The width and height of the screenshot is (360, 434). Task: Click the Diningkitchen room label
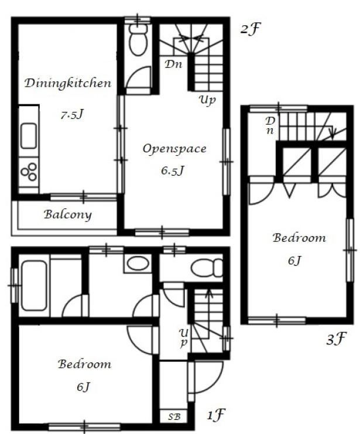[68, 83]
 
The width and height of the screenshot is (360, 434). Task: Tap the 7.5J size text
[72, 114]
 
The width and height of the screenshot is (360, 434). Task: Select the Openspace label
[174, 149]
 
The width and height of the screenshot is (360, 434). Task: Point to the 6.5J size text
[173, 170]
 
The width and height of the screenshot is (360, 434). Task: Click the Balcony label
[68, 215]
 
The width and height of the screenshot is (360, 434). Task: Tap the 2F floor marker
[251, 28]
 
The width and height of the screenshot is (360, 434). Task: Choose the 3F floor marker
[336, 339]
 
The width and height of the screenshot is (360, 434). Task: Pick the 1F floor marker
[216, 415]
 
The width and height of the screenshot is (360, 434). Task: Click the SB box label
[174, 417]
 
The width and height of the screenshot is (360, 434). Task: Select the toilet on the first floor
[207, 268]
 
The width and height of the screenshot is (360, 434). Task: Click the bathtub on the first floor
[34, 286]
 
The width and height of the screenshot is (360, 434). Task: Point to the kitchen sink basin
[29, 136]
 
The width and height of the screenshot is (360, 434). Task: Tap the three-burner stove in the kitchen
[29, 172]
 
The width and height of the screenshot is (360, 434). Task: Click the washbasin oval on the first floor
[138, 264]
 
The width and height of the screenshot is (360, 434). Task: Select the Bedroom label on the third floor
[299, 238]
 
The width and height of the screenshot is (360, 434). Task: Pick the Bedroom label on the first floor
[85, 364]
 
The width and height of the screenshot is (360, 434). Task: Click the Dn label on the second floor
[173, 64]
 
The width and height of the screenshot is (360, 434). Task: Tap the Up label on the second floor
[207, 100]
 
